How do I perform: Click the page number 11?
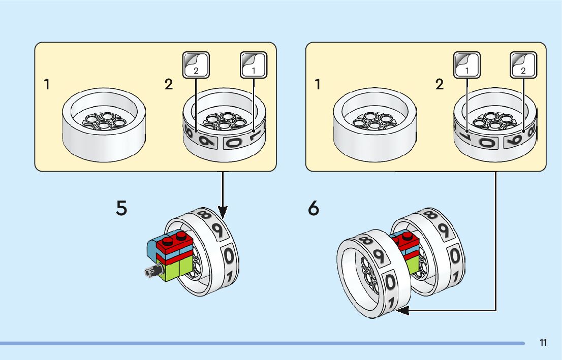coord(543,343)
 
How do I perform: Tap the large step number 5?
coord(121,208)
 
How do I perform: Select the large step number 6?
coord(314,208)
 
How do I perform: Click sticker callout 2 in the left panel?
coord(196,64)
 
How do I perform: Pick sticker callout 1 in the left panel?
coord(254,64)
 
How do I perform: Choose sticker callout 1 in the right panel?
coord(467,64)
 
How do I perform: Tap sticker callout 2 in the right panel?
coord(523,64)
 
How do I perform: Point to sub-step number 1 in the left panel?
coord(47,84)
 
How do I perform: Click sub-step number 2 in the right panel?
coord(440,84)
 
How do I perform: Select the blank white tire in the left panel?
coord(104,124)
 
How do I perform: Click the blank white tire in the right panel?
coord(374,124)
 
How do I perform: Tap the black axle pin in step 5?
coord(151,272)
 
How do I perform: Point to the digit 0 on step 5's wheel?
coord(229,255)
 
